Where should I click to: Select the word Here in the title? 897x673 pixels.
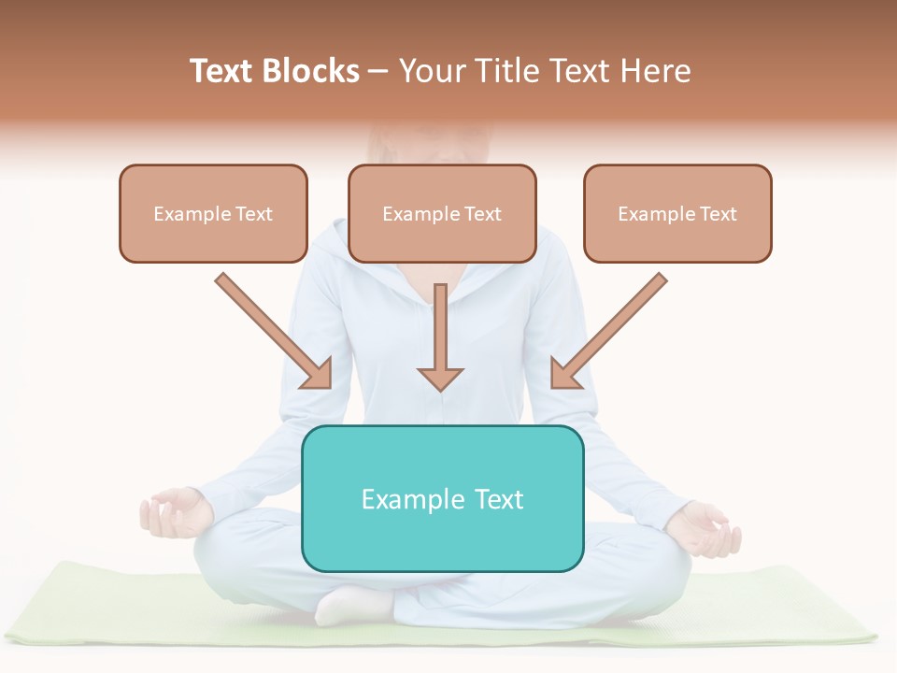pos(654,71)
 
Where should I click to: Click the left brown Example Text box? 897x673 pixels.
pos(213,214)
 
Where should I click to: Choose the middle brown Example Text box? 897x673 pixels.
pos(442,214)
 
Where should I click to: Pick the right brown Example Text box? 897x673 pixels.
pos(677,214)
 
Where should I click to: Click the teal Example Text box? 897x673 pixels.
pos(442,498)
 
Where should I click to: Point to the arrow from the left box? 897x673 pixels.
pos(271,328)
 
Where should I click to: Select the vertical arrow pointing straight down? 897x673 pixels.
pos(440,336)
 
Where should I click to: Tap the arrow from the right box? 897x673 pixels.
pos(612,328)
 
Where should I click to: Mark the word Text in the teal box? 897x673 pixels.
pos(499,499)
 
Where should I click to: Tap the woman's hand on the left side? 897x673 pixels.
pos(173,513)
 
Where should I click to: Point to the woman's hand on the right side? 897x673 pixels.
pos(705,527)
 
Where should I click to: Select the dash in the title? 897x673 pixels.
pos(378,72)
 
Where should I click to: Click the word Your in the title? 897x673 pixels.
pos(429,71)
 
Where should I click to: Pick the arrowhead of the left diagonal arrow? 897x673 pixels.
pos(318,374)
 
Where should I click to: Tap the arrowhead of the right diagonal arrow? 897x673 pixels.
pos(564,374)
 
